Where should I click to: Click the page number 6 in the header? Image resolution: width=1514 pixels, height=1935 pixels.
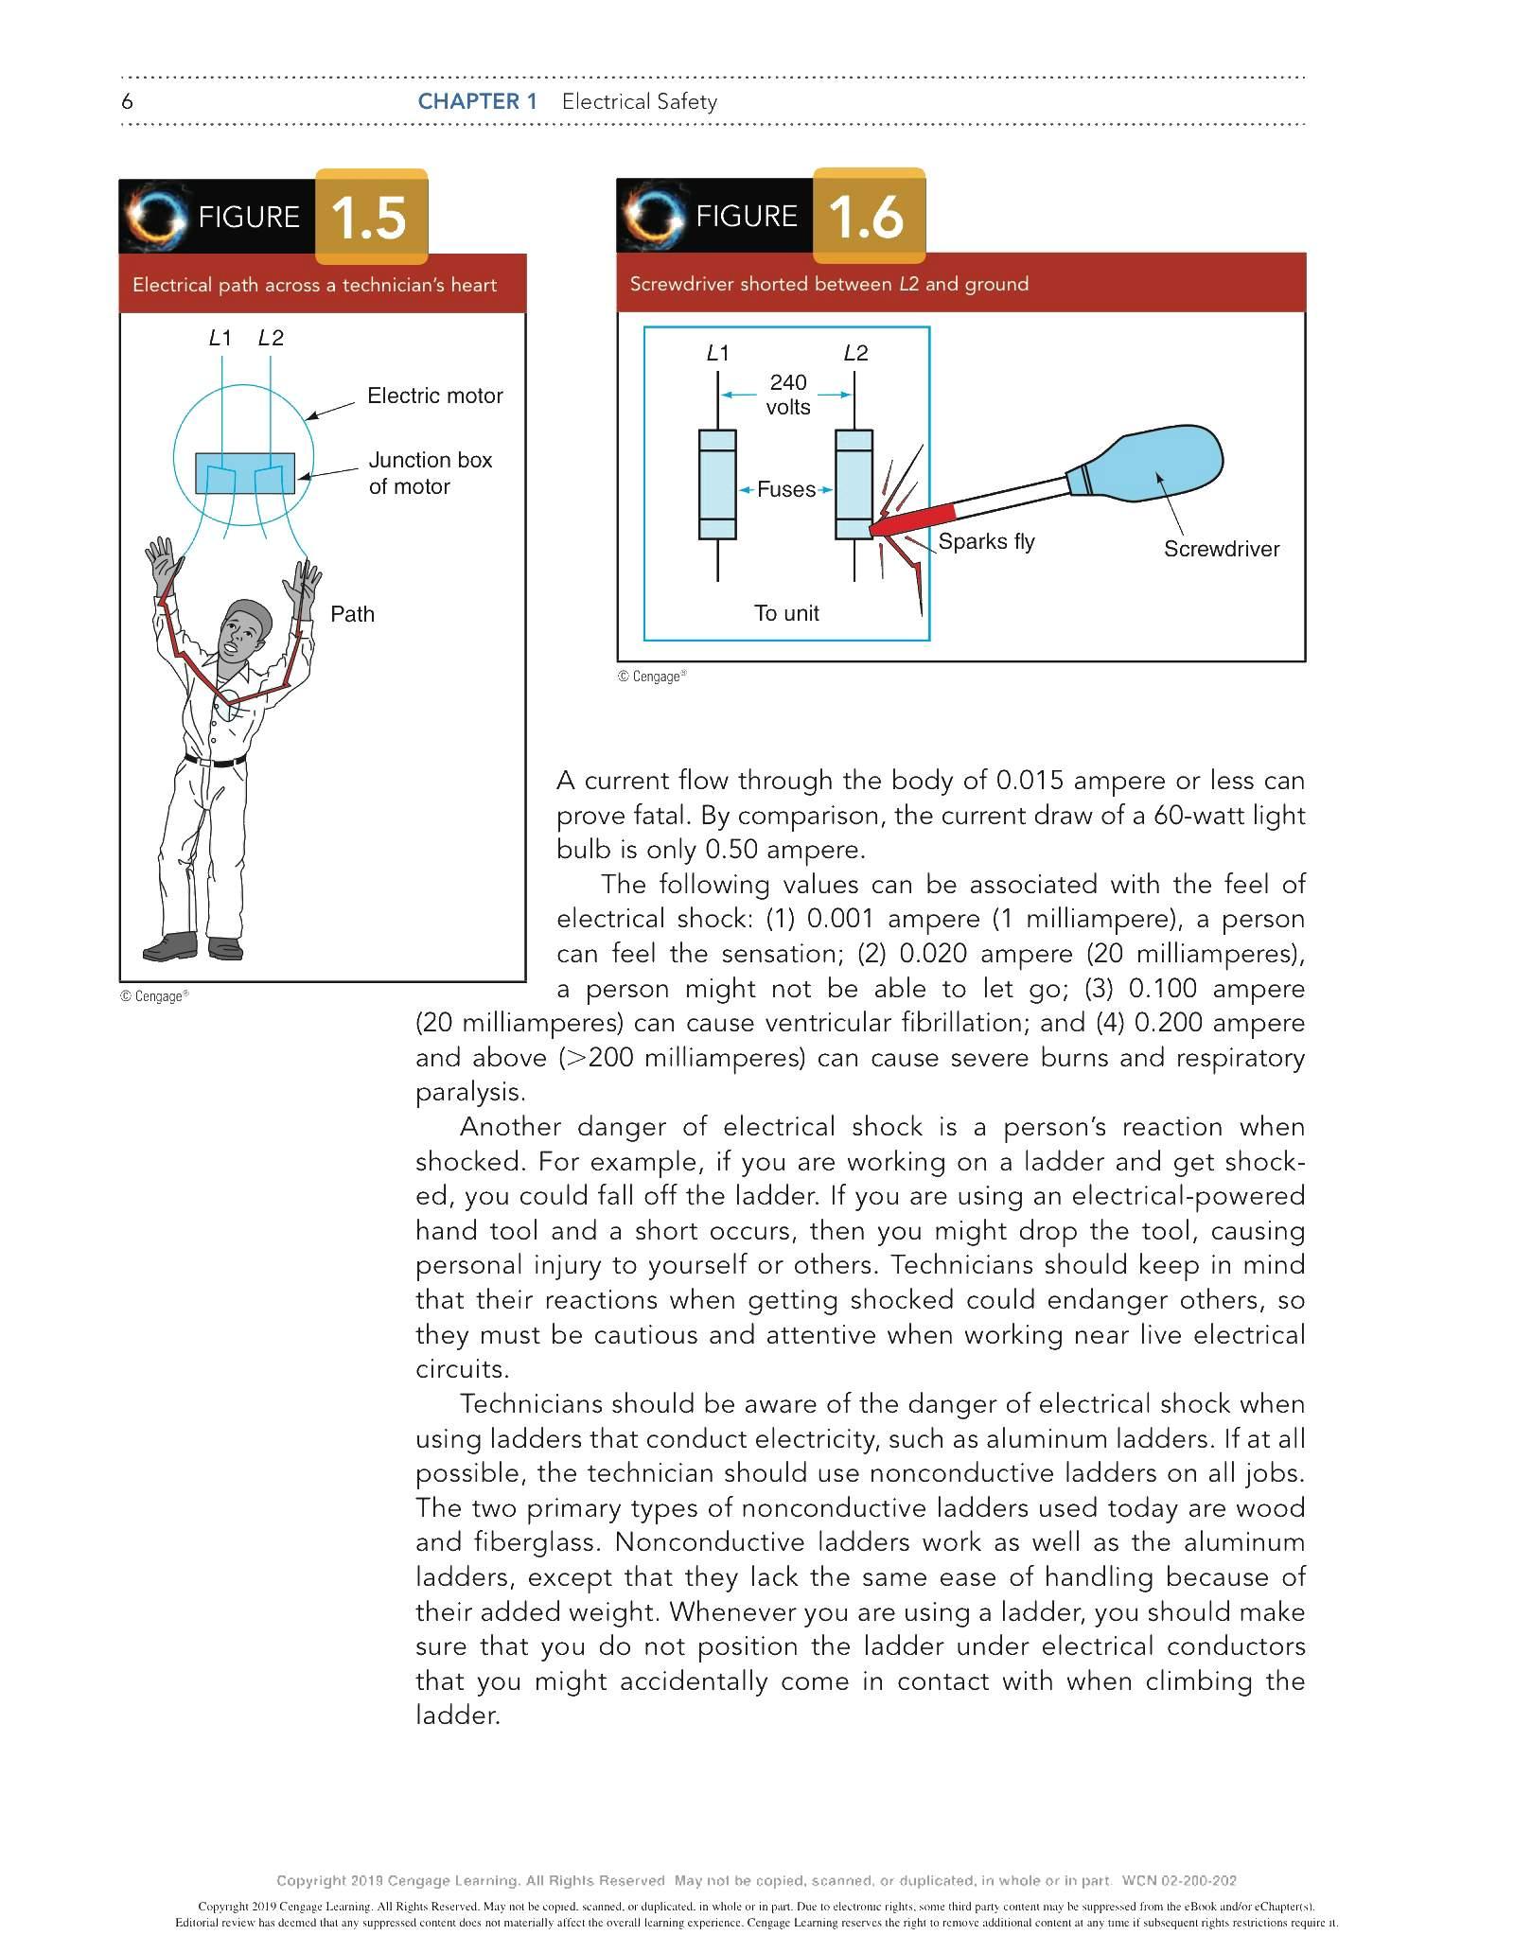pos(127,101)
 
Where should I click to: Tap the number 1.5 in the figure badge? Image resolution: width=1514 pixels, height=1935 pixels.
pos(369,218)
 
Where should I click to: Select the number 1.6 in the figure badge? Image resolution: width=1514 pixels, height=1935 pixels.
pos(866,217)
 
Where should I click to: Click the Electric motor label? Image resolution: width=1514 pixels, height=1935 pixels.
pos(434,396)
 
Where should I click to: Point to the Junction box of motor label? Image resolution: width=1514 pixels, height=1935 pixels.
pos(430,473)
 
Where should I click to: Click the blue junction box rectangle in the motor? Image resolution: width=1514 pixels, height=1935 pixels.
pos(244,473)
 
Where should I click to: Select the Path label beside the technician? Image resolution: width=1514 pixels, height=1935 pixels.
pos(352,614)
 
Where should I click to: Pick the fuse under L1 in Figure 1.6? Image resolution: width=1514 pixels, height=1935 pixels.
pos(717,484)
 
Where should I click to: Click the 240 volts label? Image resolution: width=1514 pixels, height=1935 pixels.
pos(788,395)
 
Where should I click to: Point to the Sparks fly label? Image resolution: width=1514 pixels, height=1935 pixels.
pos(986,541)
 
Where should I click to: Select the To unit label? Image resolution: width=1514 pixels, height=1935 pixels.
pos(786,613)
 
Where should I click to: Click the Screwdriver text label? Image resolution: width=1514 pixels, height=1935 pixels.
pos(1221,549)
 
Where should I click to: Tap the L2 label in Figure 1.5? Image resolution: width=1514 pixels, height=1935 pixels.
pos(271,338)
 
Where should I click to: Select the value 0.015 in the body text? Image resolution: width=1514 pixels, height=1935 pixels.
pos(1030,781)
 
